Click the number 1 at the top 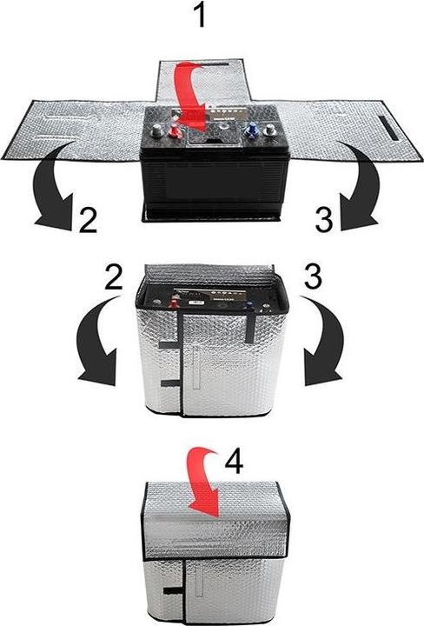[202, 15]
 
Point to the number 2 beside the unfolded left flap [85, 223]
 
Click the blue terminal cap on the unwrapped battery [253, 130]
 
